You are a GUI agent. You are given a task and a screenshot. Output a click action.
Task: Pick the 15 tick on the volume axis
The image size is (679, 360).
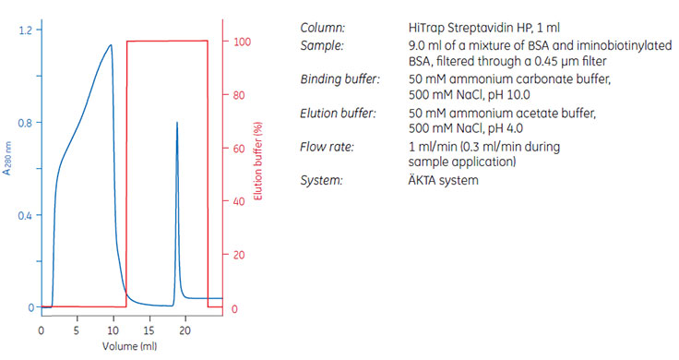click(x=149, y=330)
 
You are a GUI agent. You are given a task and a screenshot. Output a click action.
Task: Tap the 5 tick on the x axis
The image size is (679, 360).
click(x=77, y=330)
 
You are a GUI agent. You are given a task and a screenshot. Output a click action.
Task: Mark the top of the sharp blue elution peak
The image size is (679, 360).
click(x=175, y=122)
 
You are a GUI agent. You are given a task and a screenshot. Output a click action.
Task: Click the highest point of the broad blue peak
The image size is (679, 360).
click(x=111, y=44)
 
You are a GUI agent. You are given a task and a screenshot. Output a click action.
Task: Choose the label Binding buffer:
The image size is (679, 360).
click(x=340, y=79)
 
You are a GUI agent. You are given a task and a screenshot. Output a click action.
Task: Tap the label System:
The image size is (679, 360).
click(x=322, y=181)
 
